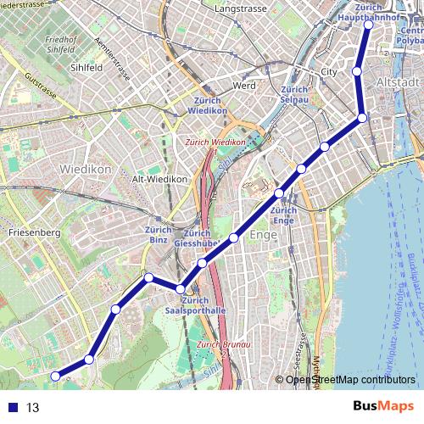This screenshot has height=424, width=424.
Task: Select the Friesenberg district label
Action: [x=34, y=232]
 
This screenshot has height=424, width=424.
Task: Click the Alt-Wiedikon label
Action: [x=159, y=179]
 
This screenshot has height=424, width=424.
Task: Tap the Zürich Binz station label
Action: [x=158, y=235]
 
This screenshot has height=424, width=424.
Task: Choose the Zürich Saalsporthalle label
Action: [x=195, y=305]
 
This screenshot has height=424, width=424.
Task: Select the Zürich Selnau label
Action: [x=293, y=96]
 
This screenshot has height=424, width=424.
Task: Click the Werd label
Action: [x=243, y=86]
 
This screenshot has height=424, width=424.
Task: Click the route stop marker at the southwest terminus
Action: [x=55, y=376]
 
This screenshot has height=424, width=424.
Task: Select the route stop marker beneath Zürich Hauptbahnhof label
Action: [x=368, y=25]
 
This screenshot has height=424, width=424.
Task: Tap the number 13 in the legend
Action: [x=33, y=408]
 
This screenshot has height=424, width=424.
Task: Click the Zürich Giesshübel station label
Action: [x=197, y=239]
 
